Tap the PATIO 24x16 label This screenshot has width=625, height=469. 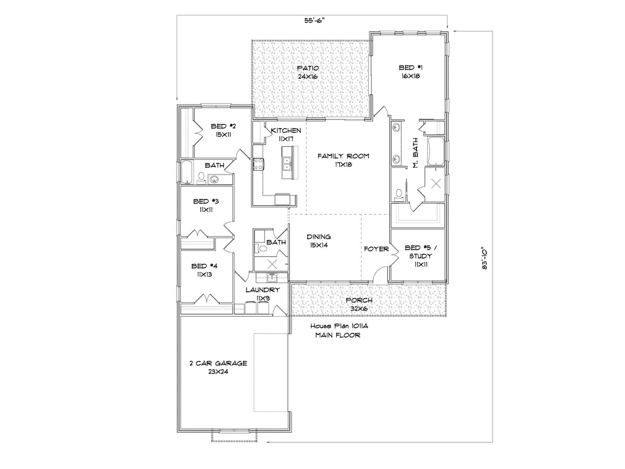[308, 72]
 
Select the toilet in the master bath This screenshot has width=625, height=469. [398, 194]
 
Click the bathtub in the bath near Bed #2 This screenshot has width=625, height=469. [186, 172]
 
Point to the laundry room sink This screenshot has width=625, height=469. [272, 277]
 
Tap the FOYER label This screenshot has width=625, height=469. [376, 249]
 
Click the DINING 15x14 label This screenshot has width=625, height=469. [319, 241]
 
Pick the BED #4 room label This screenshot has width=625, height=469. [205, 270]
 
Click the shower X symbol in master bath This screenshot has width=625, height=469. [436, 184]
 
